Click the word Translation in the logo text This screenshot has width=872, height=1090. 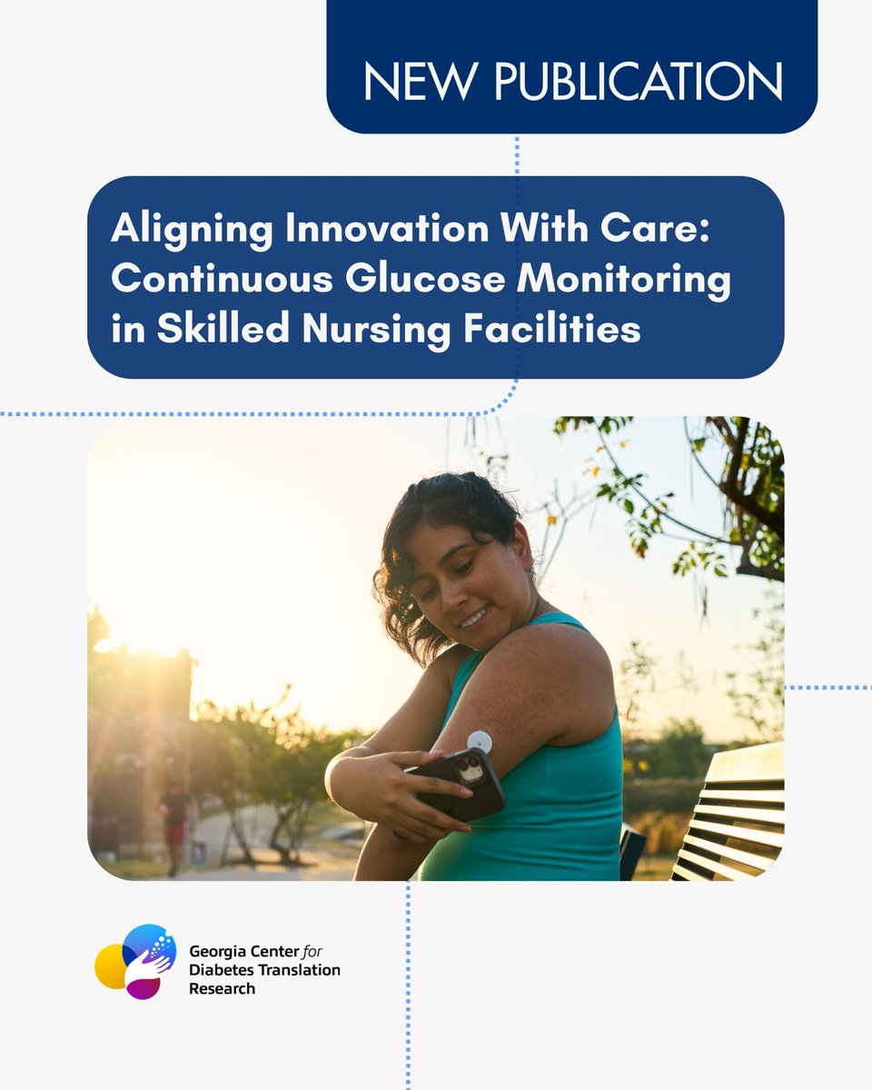click(x=301, y=969)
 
